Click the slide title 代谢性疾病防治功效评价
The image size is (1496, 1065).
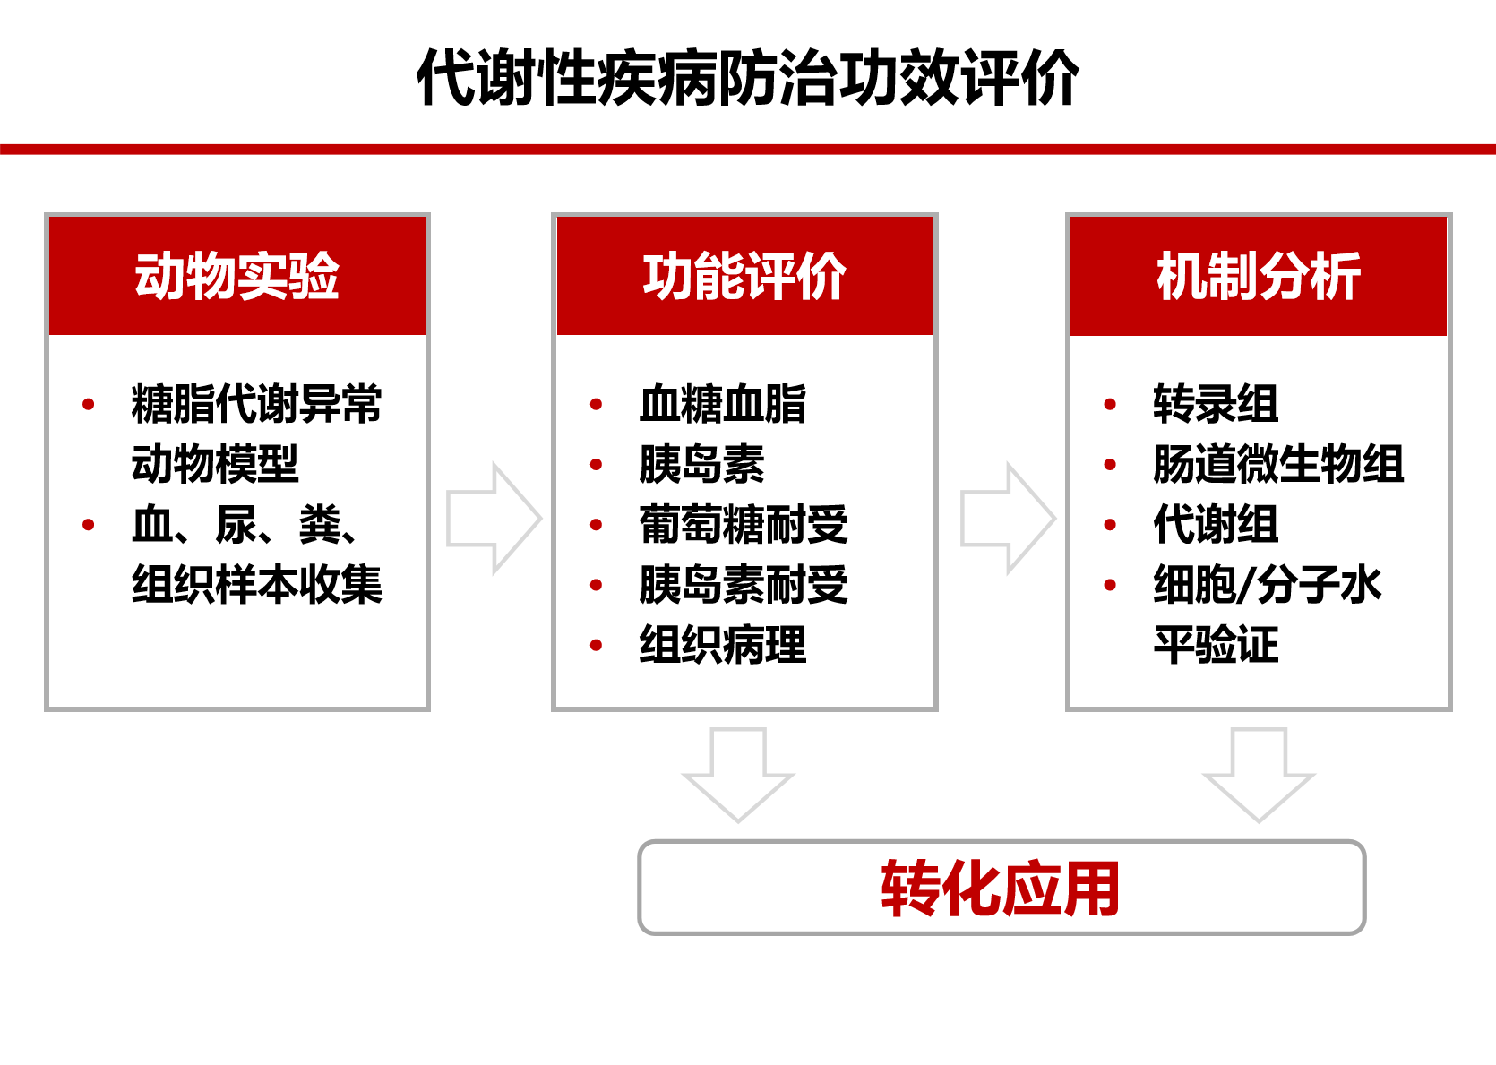coord(747,77)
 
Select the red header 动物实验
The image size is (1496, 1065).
coord(237,275)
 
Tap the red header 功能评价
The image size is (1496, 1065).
coord(744,275)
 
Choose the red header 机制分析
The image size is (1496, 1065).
coord(1259,275)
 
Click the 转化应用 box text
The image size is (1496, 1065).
coord(1001,888)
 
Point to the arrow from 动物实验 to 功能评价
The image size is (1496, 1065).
coord(494,518)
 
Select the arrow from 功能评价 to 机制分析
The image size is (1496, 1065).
coord(1009,518)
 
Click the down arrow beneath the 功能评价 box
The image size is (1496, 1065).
coord(738,775)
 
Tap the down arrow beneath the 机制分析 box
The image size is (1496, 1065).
coord(1259,775)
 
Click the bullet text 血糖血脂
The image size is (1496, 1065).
coord(723,404)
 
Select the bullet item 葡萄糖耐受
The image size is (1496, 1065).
coord(744,525)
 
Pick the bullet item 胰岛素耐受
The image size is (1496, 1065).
coord(744,585)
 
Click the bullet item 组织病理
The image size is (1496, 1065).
coord(723,645)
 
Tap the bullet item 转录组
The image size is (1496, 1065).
coord(1216,404)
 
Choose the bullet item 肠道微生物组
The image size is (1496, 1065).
coord(1278,464)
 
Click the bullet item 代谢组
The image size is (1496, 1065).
coord(1216,525)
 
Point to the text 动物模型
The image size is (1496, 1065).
coord(215,464)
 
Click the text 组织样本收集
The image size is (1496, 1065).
coord(257,585)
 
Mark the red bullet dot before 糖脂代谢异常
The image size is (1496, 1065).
coord(88,404)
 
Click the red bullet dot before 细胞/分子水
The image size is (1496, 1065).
coord(1110,585)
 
